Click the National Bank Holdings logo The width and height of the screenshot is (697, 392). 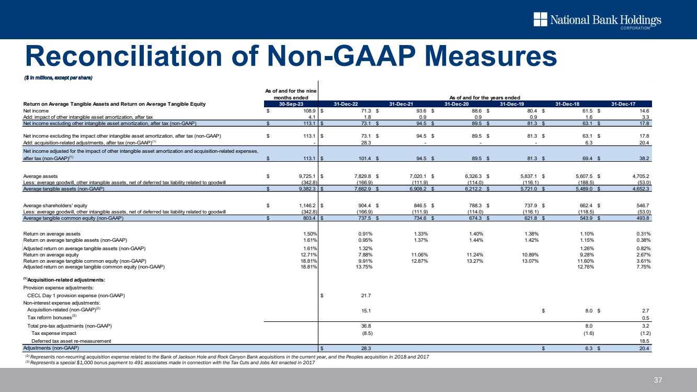(597, 20)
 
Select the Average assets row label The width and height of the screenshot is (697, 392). (41, 176)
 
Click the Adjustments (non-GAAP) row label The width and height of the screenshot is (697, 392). (51, 348)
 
